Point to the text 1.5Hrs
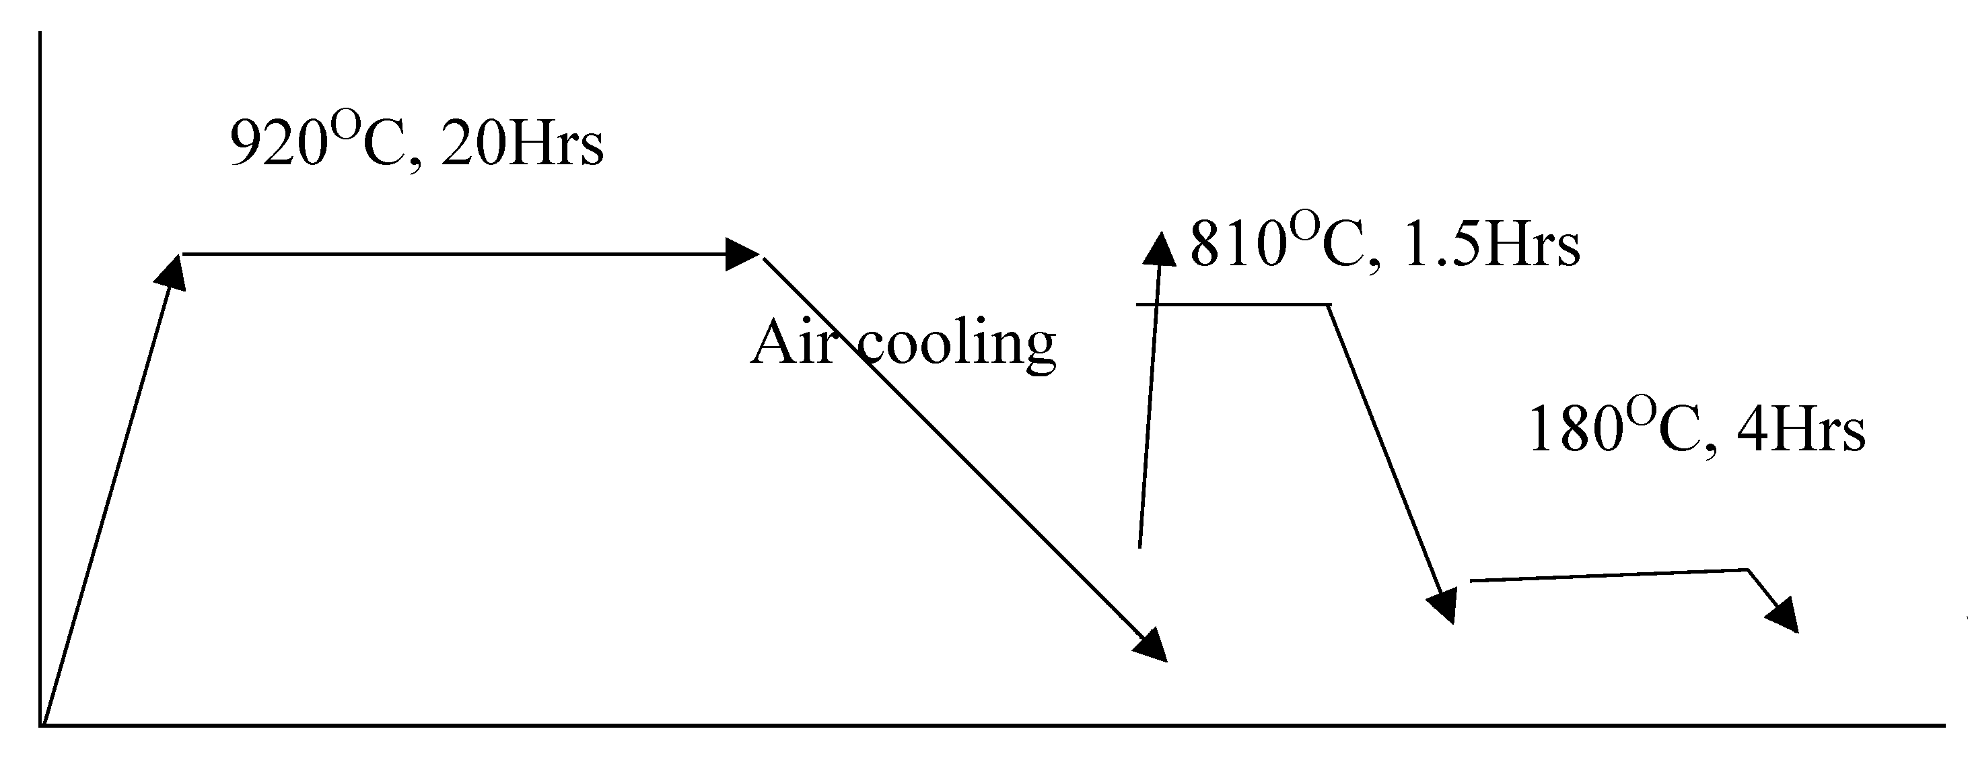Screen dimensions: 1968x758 tap(1491, 246)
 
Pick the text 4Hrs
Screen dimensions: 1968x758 tap(1800, 430)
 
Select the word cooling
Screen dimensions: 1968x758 tap(959, 345)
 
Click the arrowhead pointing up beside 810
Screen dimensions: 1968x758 tap(1160, 249)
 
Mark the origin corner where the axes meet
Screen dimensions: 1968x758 tap(41, 724)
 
